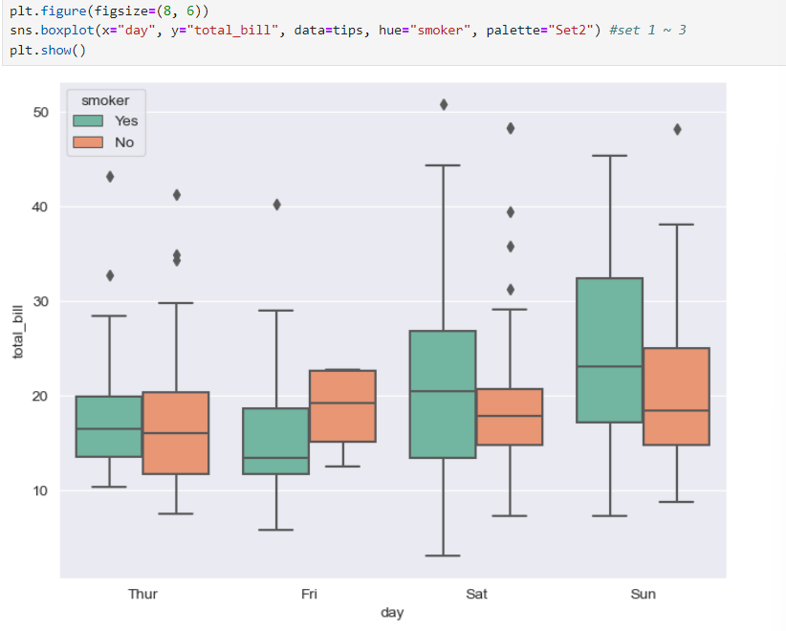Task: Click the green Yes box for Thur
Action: coord(109,426)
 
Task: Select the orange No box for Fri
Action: coord(342,405)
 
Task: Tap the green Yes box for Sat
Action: coord(443,394)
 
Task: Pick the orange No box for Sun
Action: coord(676,396)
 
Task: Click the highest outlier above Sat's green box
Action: coord(443,104)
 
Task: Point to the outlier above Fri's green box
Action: coord(276,205)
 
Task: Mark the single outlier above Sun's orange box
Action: coord(677,129)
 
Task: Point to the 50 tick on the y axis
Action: coord(39,113)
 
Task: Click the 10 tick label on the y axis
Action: coord(39,491)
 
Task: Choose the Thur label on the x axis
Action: coord(142,595)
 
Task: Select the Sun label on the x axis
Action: coord(644,595)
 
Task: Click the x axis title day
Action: coord(392,613)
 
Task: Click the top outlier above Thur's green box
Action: coord(110,177)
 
